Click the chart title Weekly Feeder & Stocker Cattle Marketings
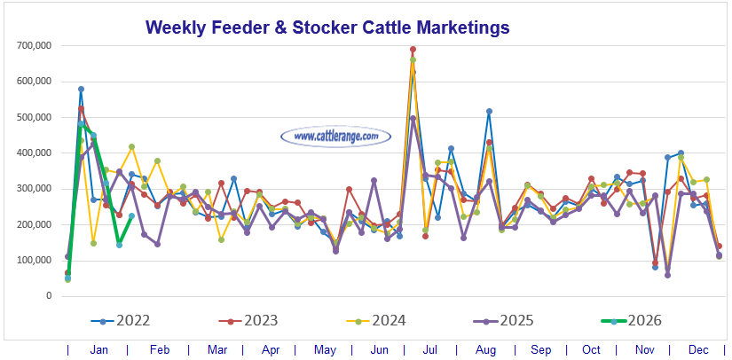tap(327, 27)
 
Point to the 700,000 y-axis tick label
tap(33, 45)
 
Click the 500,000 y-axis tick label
tap(33, 117)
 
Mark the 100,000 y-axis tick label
tap(33, 260)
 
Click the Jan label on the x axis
tap(98, 349)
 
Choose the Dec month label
tap(699, 349)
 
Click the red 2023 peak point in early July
tap(413, 50)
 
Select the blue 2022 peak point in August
tap(489, 111)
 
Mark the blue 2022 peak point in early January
tap(81, 89)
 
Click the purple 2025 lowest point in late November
tap(667, 275)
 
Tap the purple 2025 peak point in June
tap(374, 181)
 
